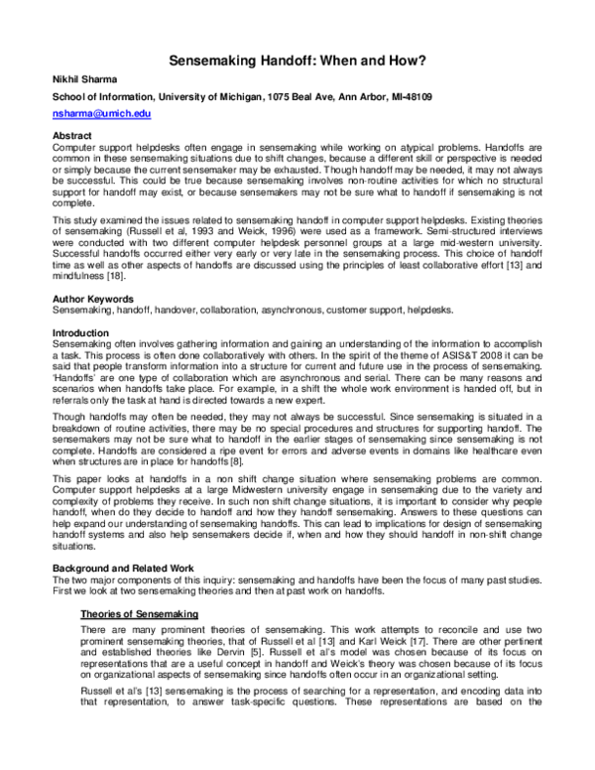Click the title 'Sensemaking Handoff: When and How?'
coord(296,60)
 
